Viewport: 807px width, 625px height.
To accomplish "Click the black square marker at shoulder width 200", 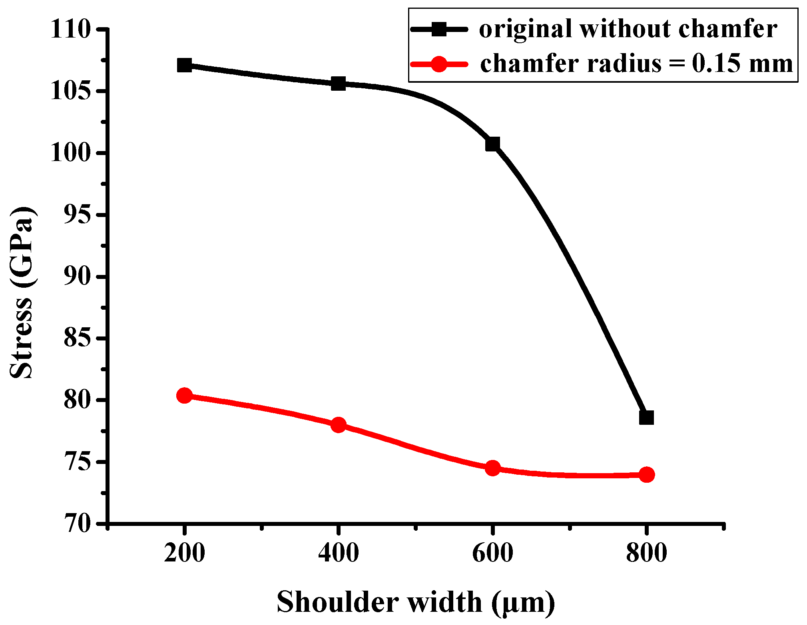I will click(184, 65).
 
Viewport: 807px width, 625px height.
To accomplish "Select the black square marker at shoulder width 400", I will click(339, 84).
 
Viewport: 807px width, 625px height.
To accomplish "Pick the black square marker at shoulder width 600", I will click(492, 144).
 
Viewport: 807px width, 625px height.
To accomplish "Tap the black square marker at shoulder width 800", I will click(646, 418).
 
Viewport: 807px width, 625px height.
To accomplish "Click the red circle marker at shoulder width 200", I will click(184, 396).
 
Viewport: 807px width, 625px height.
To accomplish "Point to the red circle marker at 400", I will click(339, 425).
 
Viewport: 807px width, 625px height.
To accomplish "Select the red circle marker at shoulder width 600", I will click(492, 468).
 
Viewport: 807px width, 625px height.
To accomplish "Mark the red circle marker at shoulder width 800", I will click(646, 475).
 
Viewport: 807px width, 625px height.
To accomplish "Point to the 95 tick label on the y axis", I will click(78, 215).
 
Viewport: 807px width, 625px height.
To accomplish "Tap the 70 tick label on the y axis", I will click(78, 523).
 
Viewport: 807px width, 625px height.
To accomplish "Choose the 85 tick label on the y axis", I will click(78, 338).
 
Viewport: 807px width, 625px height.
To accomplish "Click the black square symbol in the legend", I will click(439, 29).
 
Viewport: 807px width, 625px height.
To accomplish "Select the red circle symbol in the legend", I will click(439, 64).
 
